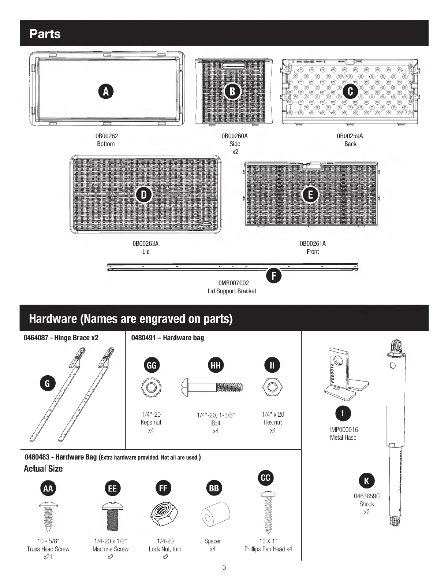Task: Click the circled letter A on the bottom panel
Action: click(x=106, y=92)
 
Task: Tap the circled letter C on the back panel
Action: click(x=350, y=92)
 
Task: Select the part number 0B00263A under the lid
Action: click(x=146, y=243)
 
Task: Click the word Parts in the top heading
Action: click(x=45, y=34)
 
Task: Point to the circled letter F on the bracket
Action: click(x=274, y=275)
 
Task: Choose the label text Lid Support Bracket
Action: click(x=232, y=291)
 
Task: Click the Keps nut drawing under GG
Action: click(x=151, y=387)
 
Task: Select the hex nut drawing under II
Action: click(x=272, y=387)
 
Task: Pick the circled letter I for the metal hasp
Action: click(x=343, y=413)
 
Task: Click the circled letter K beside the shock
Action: click(x=367, y=481)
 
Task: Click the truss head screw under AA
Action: click(x=48, y=516)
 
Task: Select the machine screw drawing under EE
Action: click(x=112, y=516)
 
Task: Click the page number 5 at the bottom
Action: click(x=224, y=568)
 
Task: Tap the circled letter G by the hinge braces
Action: click(x=47, y=383)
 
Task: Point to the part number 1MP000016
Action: click(x=343, y=430)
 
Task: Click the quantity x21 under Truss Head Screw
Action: click(x=48, y=557)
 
